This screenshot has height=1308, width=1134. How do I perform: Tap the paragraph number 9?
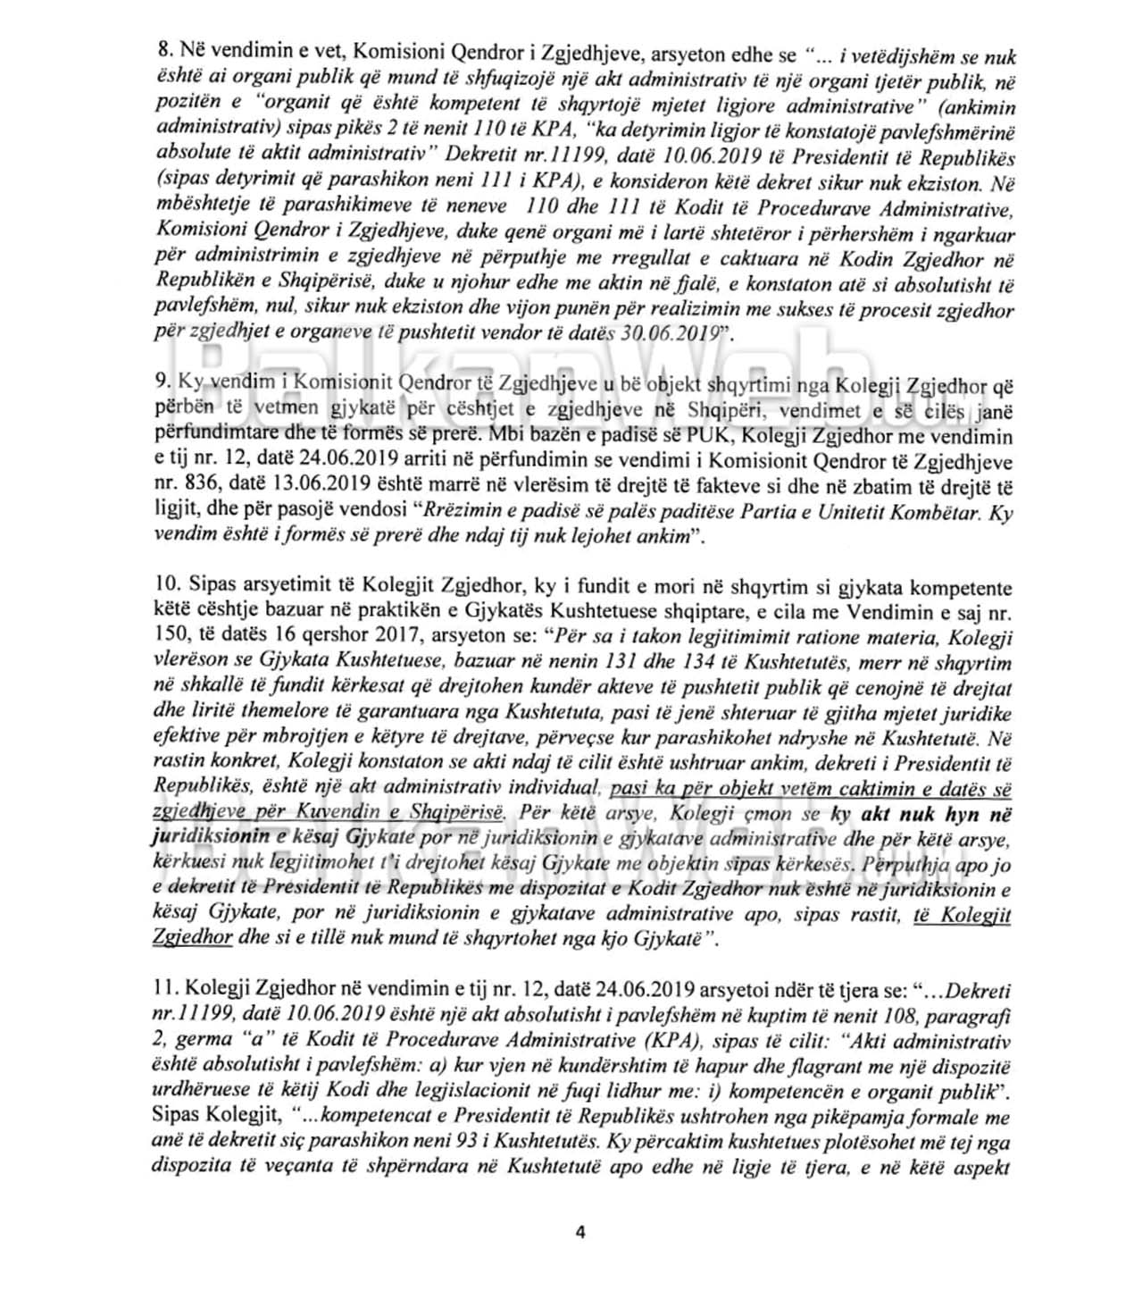click(160, 381)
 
